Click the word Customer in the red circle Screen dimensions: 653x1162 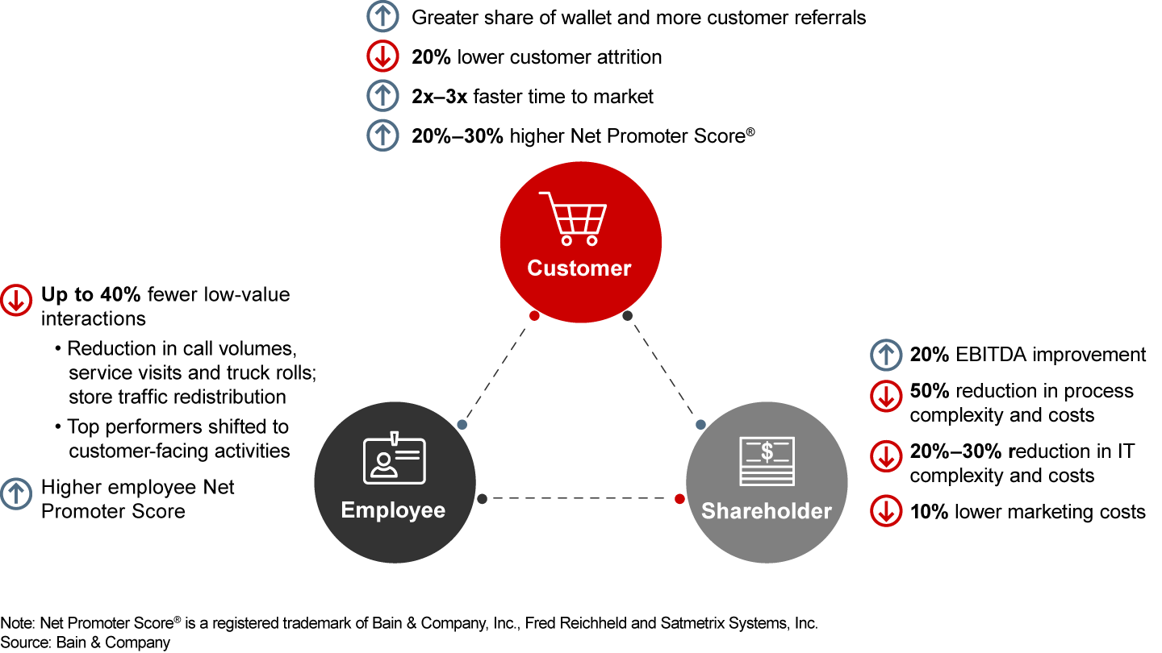click(x=579, y=268)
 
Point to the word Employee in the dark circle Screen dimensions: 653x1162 click(x=393, y=510)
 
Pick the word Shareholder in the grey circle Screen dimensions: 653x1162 click(x=766, y=511)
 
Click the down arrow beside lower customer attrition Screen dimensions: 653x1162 click(x=382, y=57)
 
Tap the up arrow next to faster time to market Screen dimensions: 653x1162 click(x=382, y=97)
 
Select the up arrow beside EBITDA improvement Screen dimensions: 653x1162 click(x=886, y=355)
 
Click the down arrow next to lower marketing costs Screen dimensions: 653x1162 click(x=886, y=511)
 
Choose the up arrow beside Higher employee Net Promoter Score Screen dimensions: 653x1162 click(x=16, y=493)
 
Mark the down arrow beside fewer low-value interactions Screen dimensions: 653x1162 click(x=16, y=299)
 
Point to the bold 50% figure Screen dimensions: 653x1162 click(x=930, y=391)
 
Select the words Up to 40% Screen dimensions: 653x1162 click(x=91, y=294)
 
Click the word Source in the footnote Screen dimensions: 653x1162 click(x=23, y=643)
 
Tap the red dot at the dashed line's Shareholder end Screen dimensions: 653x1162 click(x=679, y=499)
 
